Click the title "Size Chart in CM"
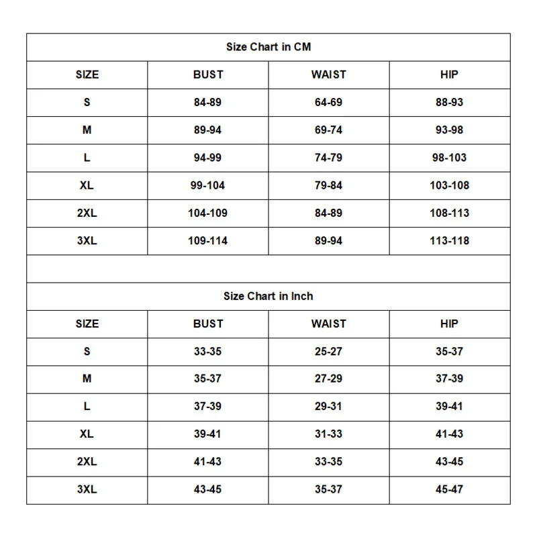point(268,47)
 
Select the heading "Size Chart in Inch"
point(268,296)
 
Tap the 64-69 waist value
point(328,103)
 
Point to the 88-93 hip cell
point(449,103)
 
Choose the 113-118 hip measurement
point(449,240)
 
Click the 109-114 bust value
point(207,240)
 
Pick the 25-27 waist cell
point(328,351)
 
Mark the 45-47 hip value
point(449,489)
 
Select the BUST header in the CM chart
point(207,75)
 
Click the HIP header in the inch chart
point(449,324)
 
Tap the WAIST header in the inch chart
point(328,324)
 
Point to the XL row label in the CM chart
point(87,185)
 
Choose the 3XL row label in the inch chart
point(87,489)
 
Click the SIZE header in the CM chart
point(87,75)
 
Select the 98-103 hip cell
point(449,158)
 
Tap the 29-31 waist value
point(328,406)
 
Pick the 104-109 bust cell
point(207,213)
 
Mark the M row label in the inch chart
point(87,379)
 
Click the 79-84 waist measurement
point(328,185)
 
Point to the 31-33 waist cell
point(328,434)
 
